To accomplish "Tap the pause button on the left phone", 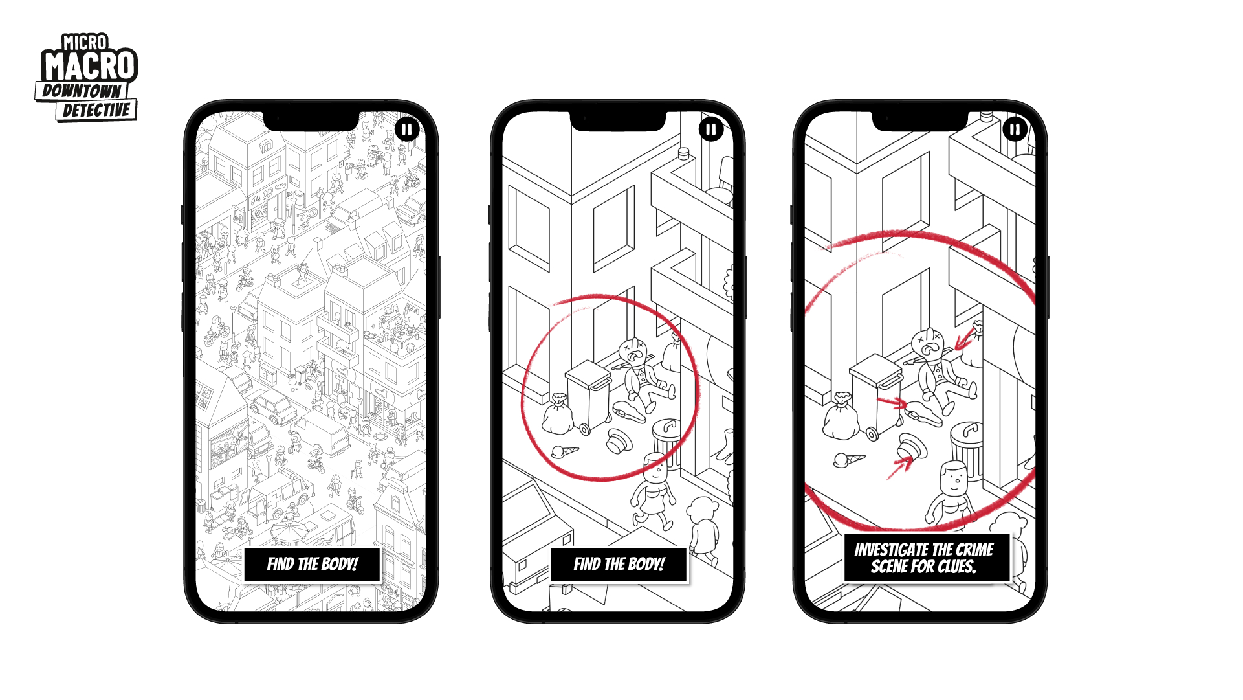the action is coord(407,130).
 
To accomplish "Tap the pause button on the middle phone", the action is coord(711,130).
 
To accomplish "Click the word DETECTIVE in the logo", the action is coord(96,110).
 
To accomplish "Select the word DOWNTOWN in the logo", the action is coord(82,91).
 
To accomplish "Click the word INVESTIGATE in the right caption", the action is coord(892,550).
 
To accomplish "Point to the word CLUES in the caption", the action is coord(956,567).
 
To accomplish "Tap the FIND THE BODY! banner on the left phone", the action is coord(312,565).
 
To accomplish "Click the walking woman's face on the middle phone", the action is coord(655,472).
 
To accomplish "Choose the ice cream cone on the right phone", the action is coord(848,460).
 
